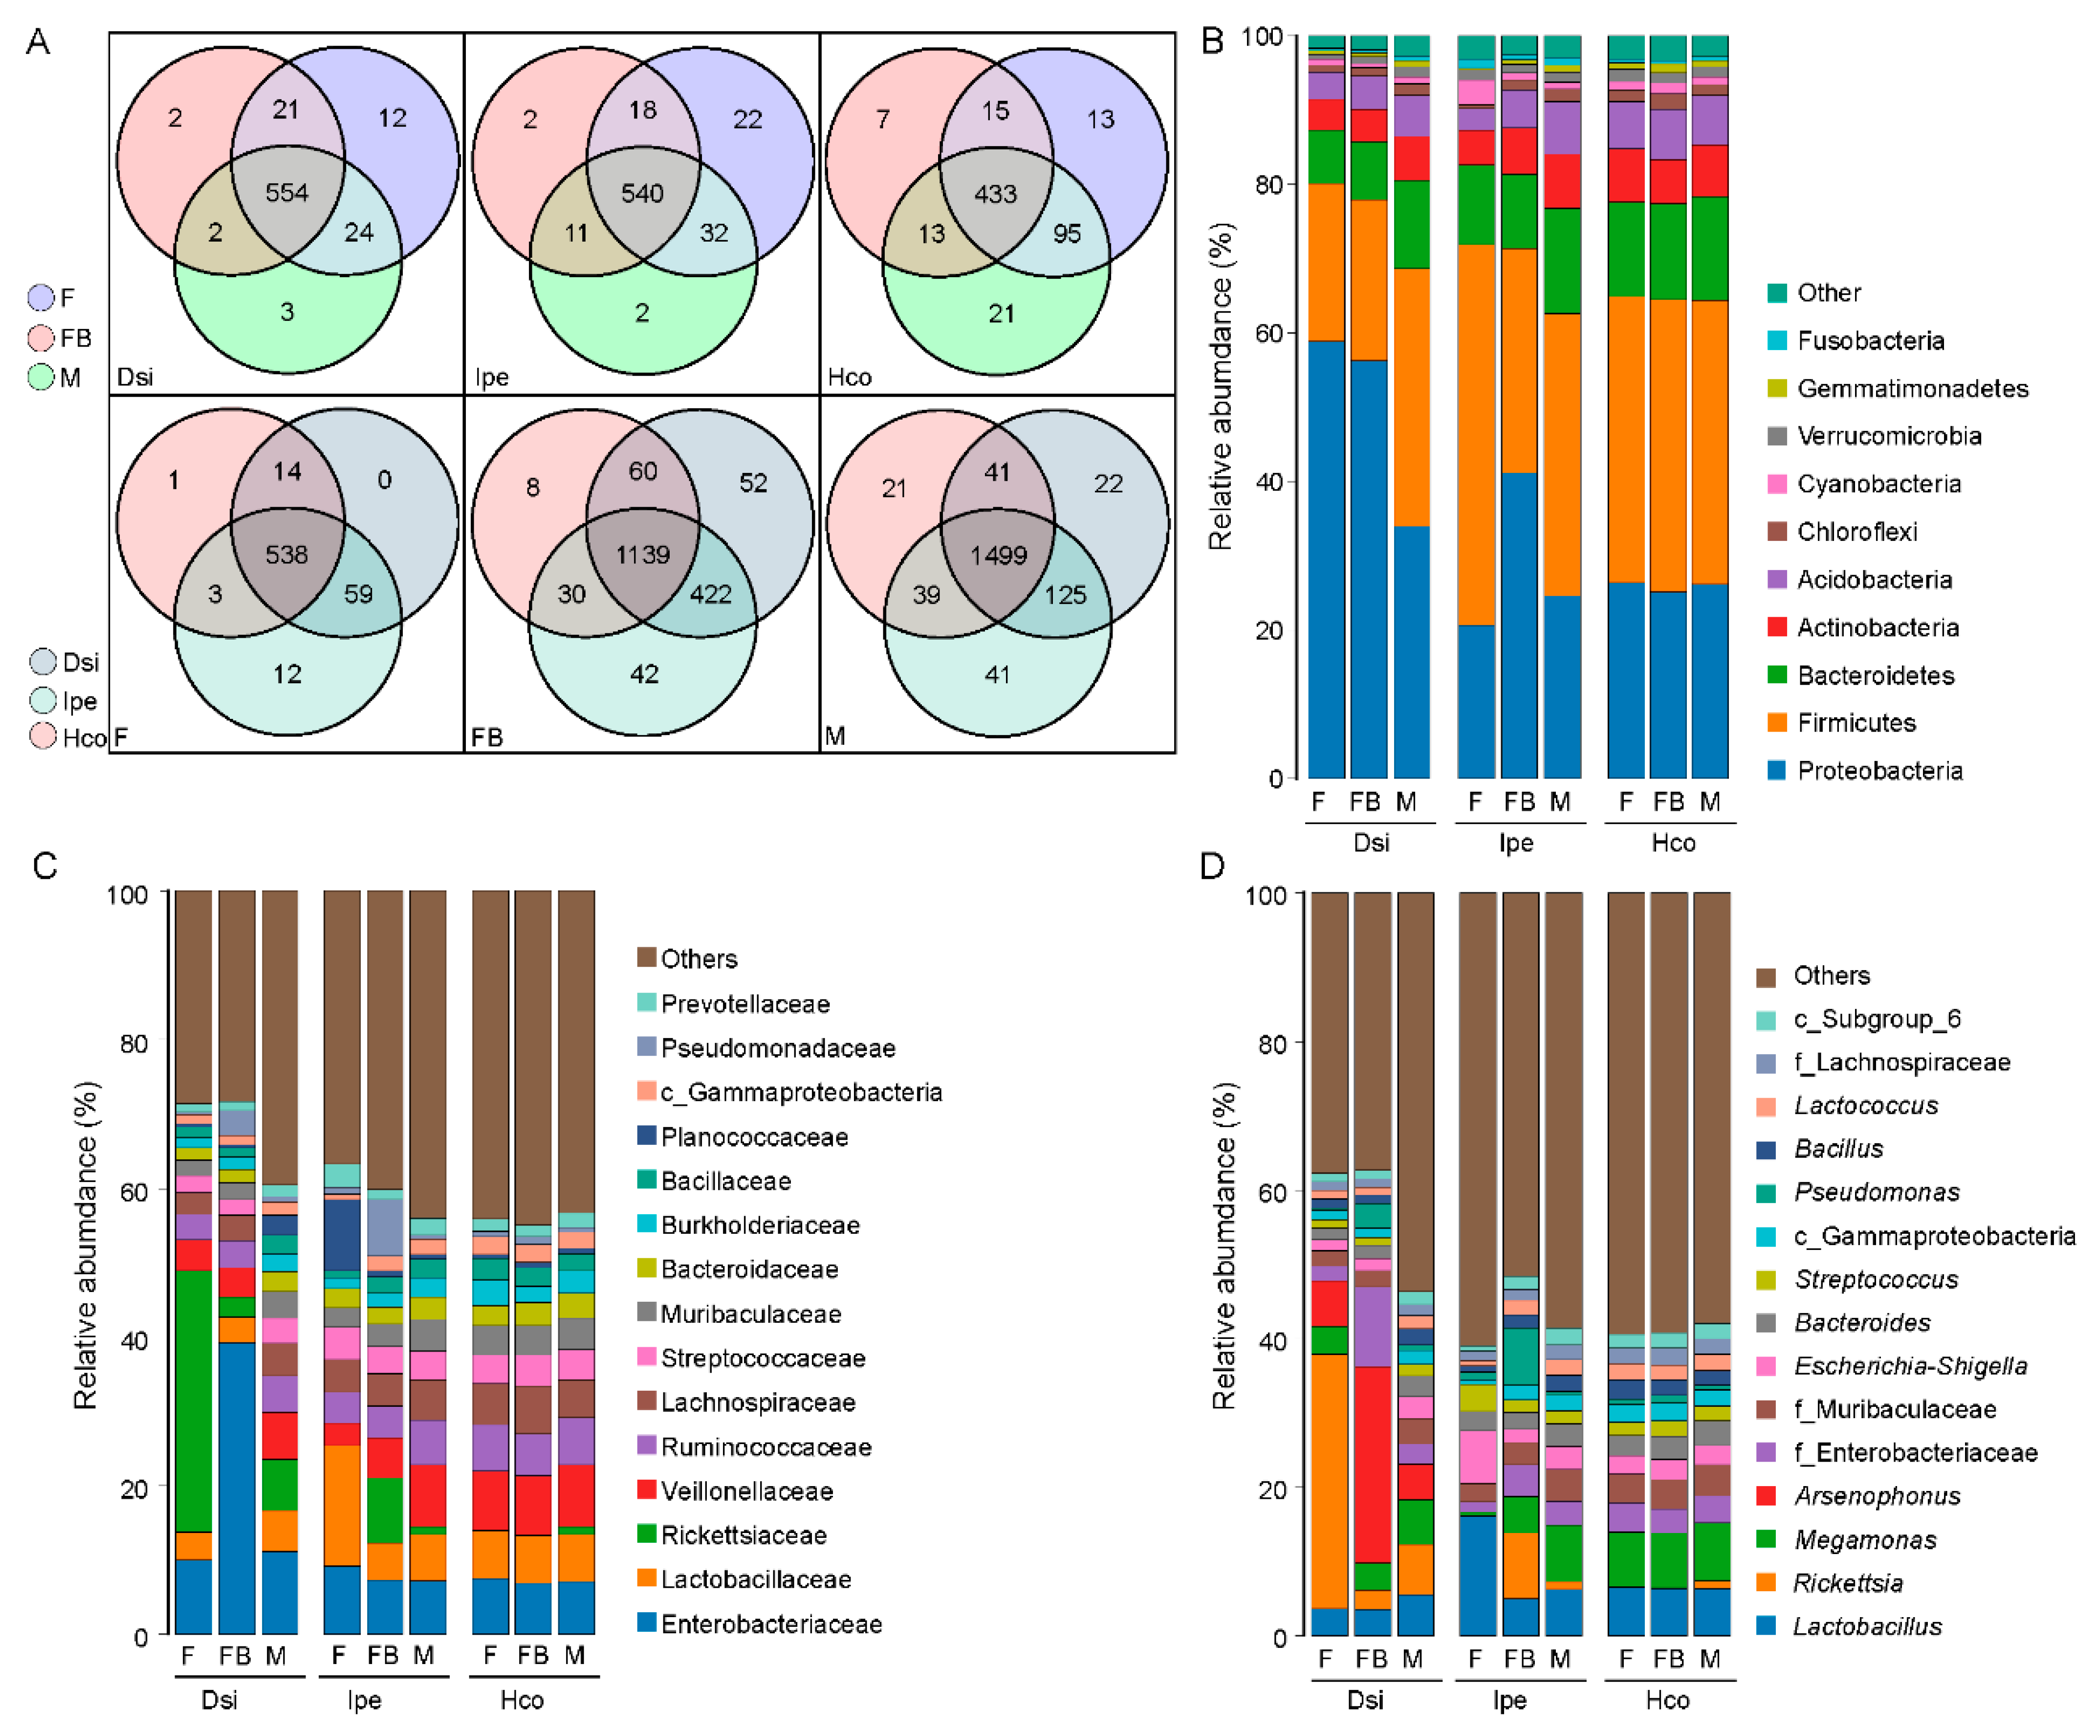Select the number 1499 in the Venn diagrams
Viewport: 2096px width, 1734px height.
pyautogui.click(x=998, y=555)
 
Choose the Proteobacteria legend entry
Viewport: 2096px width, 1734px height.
pyautogui.click(x=1878, y=771)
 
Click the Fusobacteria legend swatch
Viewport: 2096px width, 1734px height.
pyautogui.click(x=1777, y=340)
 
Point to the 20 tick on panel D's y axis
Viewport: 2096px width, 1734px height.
pyautogui.click(x=1268, y=1489)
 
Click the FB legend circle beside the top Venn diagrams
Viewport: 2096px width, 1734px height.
pyautogui.click(x=41, y=338)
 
